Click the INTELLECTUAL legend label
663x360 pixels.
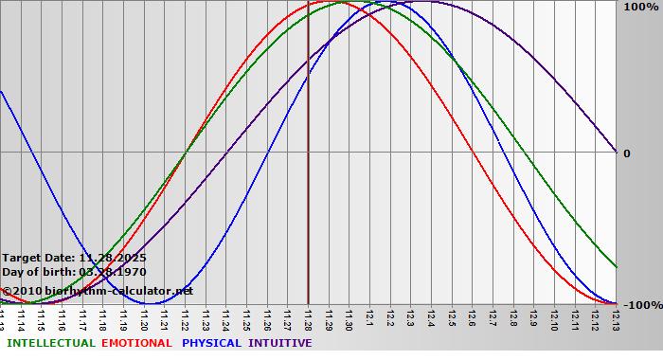[50, 343]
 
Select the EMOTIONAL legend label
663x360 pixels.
[136, 343]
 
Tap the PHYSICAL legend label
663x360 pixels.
[212, 343]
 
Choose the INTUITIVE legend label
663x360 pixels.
[280, 343]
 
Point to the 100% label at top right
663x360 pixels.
[639, 7]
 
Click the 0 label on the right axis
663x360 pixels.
[627, 153]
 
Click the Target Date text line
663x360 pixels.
[74, 258]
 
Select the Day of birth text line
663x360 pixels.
[74, 272]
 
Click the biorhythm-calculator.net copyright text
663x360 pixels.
[97, 291]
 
